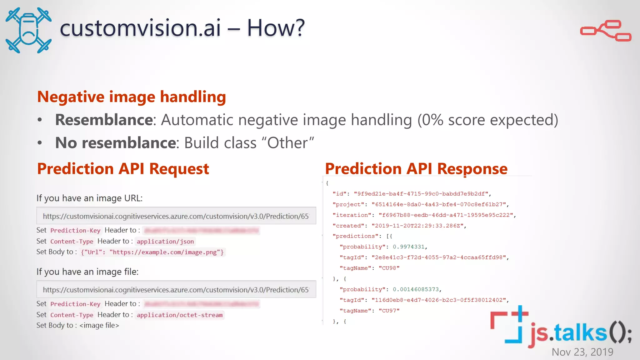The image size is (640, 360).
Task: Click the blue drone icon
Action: pyautogui.click(x=28, y=30)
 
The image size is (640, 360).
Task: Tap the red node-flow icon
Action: pyautogui.click(x=606, y=31)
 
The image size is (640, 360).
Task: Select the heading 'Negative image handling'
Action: pyautogui.click(x=132, y=97)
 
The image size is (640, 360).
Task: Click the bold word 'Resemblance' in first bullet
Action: pyautogui.click(x=104, y=120)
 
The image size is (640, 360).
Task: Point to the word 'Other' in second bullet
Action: pyautogui.click(x=287, y=143)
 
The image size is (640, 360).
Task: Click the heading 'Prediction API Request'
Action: pyautogui.click(x=123, y=169)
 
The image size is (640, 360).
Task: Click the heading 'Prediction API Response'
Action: pyautogui.click(x=416, y=169)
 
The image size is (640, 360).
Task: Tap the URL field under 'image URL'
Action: pyautogui.click(x=176, y=216)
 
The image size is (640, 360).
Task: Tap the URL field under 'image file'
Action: pyautogui.click(x=176, y=289)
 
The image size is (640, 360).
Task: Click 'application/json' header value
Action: pyautogui.click(x=165, y=242)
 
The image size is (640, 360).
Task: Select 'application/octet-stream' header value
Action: pyautogui.click(x=180, y=315)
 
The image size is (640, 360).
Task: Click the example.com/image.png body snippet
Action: pyautogui.click(x=152, y=252)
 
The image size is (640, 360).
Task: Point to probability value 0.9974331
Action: pyautogui.click(x=408, y=247)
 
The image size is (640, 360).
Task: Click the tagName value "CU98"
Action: pyautogui.click(x=389, y=268)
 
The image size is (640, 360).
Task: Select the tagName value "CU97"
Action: pyautogui.click(x=389, y=311)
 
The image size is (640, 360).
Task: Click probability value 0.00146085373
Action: pyautogui.click(x=416, y=289)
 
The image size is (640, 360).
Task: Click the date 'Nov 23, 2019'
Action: pyautogui.click(x=582, y=352)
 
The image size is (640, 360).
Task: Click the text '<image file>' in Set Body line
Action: pyautogui.click(x=99, y=325)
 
